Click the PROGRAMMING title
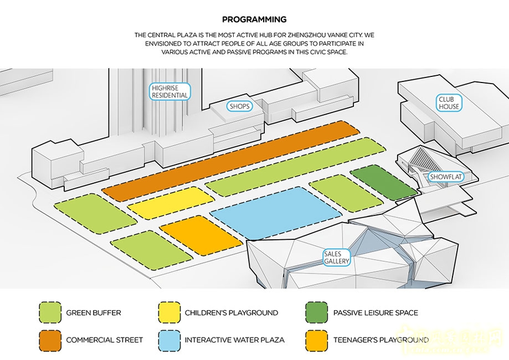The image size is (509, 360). [254, 19]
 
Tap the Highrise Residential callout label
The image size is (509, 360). [169, 91]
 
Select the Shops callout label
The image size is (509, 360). [239, 106]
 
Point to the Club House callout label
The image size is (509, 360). [449, 102]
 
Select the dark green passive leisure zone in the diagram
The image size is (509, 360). [383, 183]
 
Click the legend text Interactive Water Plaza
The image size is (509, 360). [235, 340]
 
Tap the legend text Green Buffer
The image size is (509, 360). [93, 313]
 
